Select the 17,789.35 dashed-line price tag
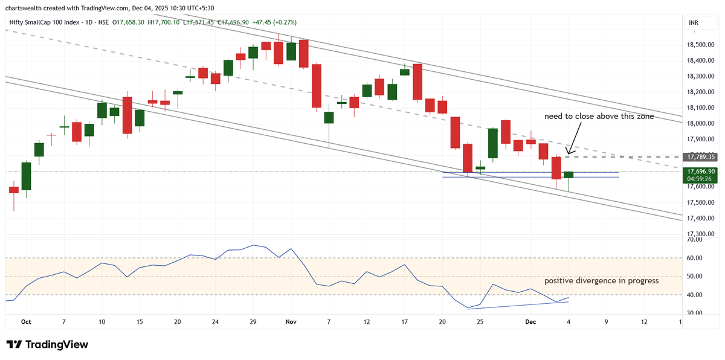click(x=701, y=156)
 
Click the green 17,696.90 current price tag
click(x=701, y=172)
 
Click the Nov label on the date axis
click(x=291, y=322)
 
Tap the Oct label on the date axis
click(x=26, y=322)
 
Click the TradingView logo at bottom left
click(x=47, y=344)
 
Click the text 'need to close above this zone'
click(x=599, y=116)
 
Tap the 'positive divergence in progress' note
click(x=601, y=281)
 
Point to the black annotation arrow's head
click(x=567, y=152)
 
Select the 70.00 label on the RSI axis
click(x=694, y=240)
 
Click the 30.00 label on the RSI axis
click(x=694, y=313)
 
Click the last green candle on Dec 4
click(x=569, y=175)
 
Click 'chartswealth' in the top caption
click(x=24, y=8)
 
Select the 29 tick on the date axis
click(x=253, y=322)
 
